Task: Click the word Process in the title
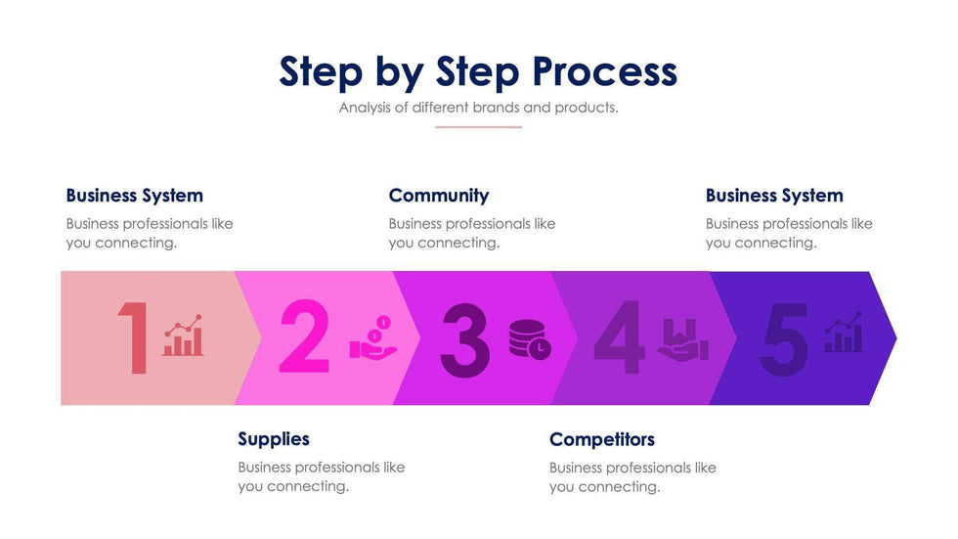604,72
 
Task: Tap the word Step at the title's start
321,72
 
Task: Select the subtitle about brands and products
478,108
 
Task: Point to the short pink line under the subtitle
478,127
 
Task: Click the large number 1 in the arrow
134,338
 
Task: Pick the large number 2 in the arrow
304,338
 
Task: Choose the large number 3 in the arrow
464,339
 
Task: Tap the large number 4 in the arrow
619,338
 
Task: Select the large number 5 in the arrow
785,338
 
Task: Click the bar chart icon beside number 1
183,336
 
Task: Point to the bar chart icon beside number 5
843,333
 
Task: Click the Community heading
438,196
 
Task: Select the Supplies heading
274,439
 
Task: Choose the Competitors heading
601,439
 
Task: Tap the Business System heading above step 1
134,196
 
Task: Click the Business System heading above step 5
773,196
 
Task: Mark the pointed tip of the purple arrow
894,338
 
